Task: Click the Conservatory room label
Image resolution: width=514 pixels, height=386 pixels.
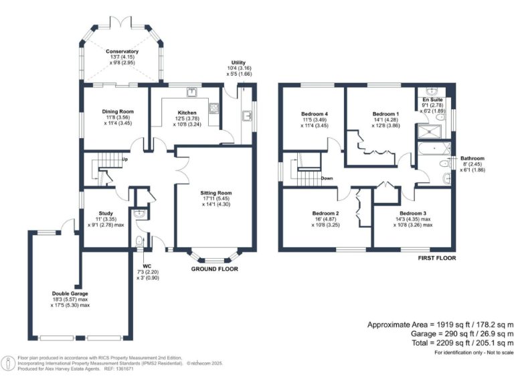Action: (122, 52)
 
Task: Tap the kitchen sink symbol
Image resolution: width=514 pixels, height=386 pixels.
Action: (192, 92)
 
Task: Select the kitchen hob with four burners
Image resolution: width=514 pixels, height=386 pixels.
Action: (214, 107)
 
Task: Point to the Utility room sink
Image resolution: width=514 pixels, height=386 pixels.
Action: (247, 116)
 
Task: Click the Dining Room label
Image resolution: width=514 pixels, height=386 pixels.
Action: (118, 112)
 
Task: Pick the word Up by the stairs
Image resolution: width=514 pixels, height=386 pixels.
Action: (125, 159)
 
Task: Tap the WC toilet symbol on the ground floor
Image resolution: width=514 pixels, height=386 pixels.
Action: (139, 241)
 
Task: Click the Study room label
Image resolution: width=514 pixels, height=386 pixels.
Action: (106, 213)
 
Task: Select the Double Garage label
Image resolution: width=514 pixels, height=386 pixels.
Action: (70, 294)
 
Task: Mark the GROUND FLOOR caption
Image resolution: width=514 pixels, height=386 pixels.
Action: (215, 269)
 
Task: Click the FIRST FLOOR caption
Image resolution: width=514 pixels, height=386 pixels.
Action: (437, 258)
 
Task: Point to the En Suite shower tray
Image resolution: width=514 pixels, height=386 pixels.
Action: (429, 131)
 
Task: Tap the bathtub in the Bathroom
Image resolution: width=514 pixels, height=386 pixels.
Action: (434, 149)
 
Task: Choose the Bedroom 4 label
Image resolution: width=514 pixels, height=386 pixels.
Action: (315, 114)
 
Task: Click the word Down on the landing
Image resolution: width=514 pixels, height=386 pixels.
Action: (327, 178)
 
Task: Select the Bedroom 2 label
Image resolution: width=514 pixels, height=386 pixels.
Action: (325, 213)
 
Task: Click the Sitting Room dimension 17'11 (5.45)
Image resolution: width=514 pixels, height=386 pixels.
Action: (216, 198)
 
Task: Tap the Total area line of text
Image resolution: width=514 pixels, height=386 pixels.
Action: (463, 343)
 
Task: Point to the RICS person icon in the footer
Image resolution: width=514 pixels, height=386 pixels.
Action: (9, 363)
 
